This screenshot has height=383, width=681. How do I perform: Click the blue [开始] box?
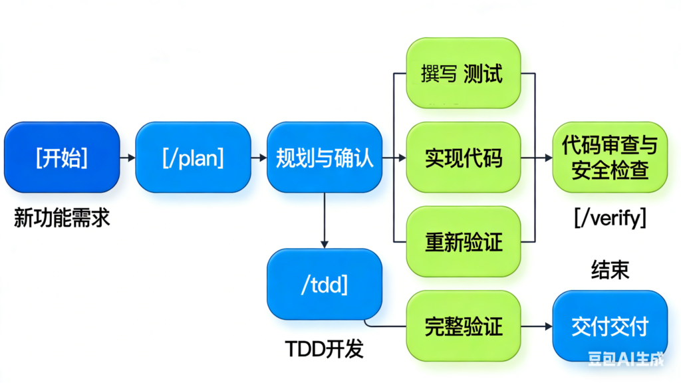click(x=62, y=158)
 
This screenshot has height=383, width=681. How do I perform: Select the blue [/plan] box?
click(x=193, y=158)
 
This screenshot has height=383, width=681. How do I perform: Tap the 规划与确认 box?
click(x=325, y=158)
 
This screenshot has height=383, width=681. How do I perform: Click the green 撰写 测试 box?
click(x=463, y=73)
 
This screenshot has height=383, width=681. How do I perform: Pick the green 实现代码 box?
click(x=463, y=158)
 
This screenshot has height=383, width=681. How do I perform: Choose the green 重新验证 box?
click(x=463, y=241)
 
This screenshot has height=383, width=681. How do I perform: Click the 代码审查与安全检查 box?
click(x=609, y=158)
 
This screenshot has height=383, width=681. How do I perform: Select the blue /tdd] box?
click(x=325, y=284)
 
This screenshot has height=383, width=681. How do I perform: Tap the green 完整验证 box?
click(x=463, y=326)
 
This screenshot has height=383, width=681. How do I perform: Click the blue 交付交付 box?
click(x=609, y=326)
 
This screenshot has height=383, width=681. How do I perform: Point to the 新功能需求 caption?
click(x=62, y=217)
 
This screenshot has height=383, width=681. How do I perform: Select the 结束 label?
click(x=610, y=269)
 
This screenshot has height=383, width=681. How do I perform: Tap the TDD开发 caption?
click(x=324, y=349)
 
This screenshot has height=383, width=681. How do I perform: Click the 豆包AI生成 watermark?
click(x=625, y=360)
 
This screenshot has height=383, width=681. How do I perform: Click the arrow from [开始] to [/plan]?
click(x=128, y=158)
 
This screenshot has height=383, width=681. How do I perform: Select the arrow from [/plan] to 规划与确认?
click(x=259, y=158)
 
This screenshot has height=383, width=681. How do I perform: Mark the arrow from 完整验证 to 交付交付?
click(x=536, y=326)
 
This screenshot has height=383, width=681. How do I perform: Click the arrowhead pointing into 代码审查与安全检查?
click(x=547, y=158)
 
